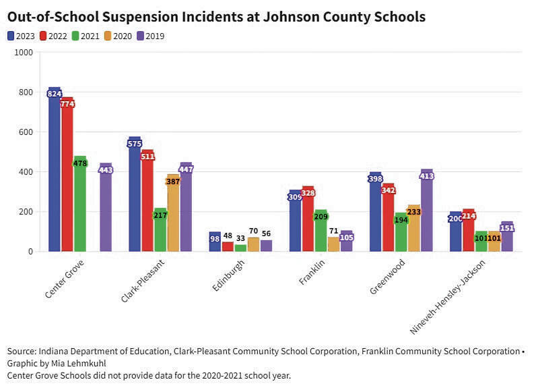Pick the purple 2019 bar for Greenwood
click(427, 216)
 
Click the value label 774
click(67, 104)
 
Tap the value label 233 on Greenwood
click(414, 211)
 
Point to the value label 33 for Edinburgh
click(240, 238)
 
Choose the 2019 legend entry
click(150, 36)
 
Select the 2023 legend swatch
click(10, 36)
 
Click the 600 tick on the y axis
click(25, 132)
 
